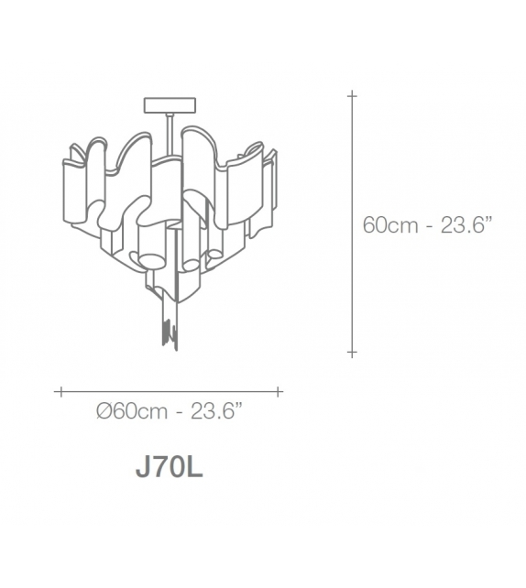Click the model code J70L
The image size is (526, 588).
click(170, 467)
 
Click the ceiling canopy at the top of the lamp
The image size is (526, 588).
click(170, 105)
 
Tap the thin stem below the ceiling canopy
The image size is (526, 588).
click(170, 134)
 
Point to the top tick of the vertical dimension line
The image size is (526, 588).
click(352, 96)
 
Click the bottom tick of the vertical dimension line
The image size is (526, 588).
click(352, 352)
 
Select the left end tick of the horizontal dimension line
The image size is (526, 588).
click(60, 392)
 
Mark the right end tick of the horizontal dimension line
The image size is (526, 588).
click(278, 392)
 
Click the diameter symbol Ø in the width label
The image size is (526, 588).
click(104, 411)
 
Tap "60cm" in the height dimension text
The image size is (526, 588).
click(390, 225)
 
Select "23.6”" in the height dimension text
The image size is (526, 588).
click(466, 224)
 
